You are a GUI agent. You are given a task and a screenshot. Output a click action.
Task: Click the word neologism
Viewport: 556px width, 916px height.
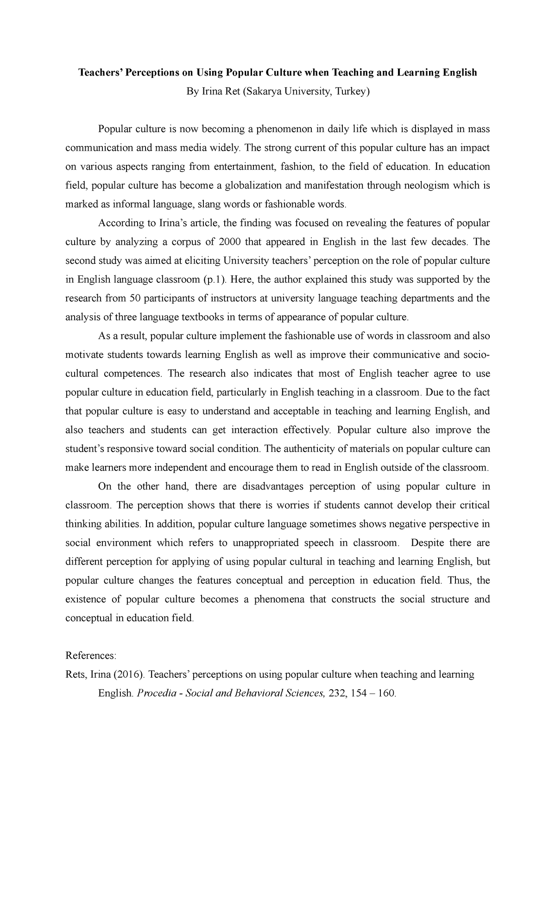(426, 186)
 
